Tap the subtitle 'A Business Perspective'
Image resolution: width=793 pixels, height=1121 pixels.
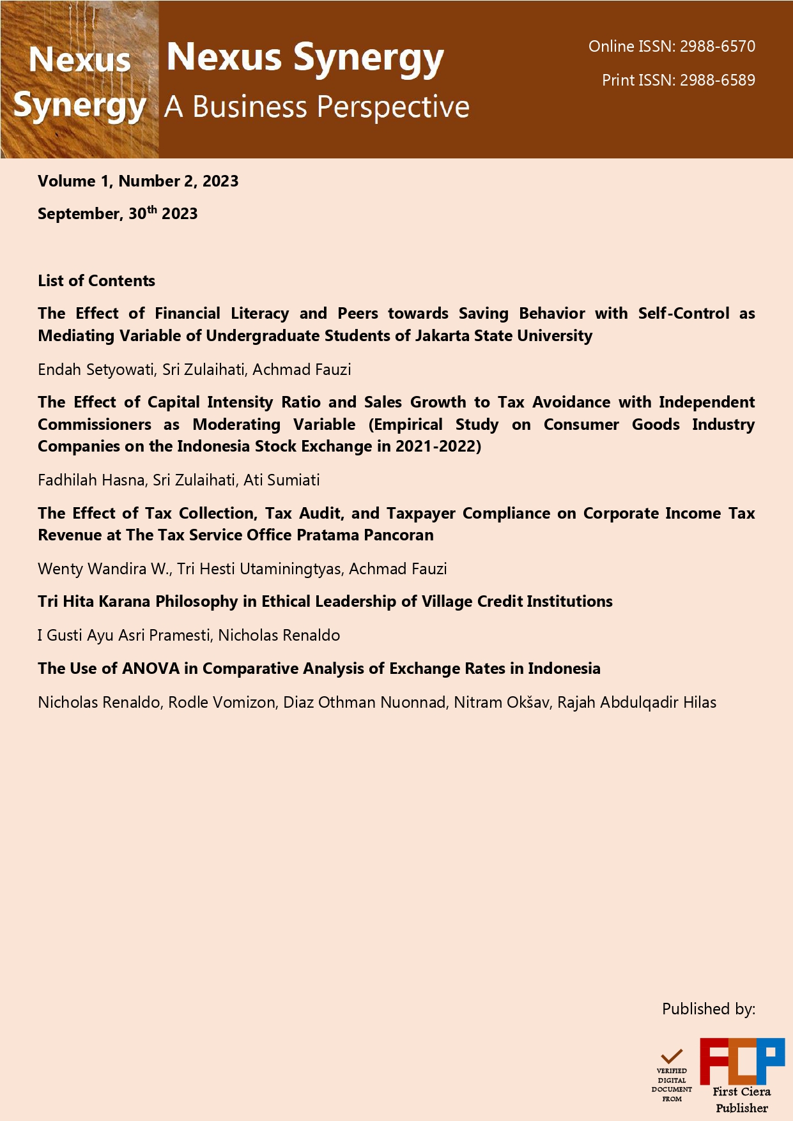(x=317, y=107)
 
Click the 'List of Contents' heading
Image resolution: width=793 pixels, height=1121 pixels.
(x=96, y=280)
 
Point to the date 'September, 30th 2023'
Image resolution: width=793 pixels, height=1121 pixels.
(x=118, y=213)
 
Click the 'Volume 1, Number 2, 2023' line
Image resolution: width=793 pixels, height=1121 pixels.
(x=138, y=181)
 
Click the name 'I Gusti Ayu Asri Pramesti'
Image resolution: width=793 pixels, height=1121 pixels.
(x=124, y=635)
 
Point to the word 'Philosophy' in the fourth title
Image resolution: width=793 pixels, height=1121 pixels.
(x=197, y=601)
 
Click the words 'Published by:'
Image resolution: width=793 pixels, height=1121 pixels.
(x=708, y=1009)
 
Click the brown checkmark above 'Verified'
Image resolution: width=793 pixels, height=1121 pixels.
(x=672, y=1056)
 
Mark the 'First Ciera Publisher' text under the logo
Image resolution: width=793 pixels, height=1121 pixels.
(x=741, y=1099)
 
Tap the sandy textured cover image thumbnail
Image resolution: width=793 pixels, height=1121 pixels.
(x=79, y=79)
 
